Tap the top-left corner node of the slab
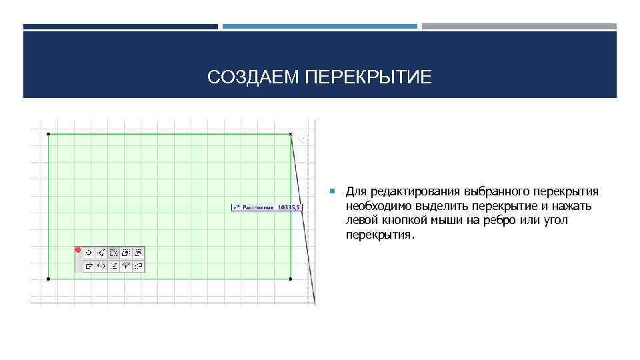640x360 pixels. [x=49, y=134]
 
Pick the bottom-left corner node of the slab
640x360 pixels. [x=49, y=278]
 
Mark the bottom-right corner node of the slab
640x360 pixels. [x=291, y=278]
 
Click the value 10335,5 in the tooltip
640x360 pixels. [x=289, y=208]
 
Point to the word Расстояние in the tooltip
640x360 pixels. [x=258, y=208]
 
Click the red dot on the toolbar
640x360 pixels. [x=78, y=251]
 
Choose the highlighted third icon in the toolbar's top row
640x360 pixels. [x=113, y=253]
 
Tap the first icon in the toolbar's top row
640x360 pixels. [x=89, y=253]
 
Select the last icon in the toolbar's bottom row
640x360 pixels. [x=138, y=265]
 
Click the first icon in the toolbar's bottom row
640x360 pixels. [x=89, y=265]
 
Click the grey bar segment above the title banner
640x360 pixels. [x=519, y=27]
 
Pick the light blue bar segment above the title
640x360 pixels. [x=319, y=27]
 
